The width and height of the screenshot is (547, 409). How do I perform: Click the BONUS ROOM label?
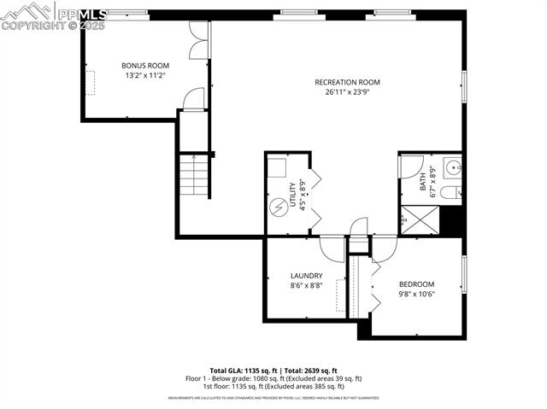(x=145, y=66)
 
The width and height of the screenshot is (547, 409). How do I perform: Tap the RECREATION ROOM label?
(x=347, y=82)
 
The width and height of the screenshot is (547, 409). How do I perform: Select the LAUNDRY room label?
(x=306, y=276)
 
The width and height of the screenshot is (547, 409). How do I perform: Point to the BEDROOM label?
(x=416, y=284)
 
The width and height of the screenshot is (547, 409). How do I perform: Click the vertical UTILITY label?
(x=292, y=195)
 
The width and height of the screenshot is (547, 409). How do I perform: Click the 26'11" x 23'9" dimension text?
(x=347, y=92)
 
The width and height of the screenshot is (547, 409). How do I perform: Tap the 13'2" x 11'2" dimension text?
(x=145, y=76)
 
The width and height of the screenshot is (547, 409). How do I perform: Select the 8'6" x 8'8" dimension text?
(x=306, y=286)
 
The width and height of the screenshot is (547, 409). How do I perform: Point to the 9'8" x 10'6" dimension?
(x=416, y=295)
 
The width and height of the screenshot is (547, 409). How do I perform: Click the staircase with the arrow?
(x=195, y=177)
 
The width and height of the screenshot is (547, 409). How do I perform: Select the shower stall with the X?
(x=421, y=219)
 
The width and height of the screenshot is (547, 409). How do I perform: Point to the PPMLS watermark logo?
(x=53, y=15)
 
